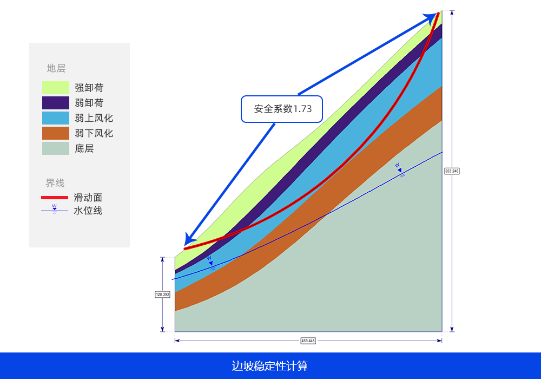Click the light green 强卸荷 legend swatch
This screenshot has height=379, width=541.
(56, 88)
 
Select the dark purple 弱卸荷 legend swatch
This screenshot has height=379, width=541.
(56, 103)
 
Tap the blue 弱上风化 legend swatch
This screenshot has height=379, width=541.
(56, 118)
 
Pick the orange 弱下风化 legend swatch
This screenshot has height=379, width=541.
(56, 133)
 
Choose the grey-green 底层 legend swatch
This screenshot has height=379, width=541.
(56, 148)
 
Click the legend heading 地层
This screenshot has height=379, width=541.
(56, 68)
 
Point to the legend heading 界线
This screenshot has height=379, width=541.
(55, 183)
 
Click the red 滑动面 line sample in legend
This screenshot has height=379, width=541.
(55, 198)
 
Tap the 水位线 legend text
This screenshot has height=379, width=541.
(88, 211)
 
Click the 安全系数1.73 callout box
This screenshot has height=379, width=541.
(281, 109)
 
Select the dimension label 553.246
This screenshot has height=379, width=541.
(452, 171)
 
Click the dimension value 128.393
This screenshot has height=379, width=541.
(162, 295)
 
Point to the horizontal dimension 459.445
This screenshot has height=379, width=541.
(308, 341)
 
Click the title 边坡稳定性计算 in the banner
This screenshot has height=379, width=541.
(270, 366)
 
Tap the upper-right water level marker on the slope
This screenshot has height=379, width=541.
(400, 169)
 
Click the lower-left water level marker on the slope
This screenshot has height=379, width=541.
(210, 263)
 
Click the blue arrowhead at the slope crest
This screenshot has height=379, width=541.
(431, 17)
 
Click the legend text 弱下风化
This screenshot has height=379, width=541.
(94, 133)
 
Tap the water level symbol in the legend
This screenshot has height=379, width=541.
(55, 209)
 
